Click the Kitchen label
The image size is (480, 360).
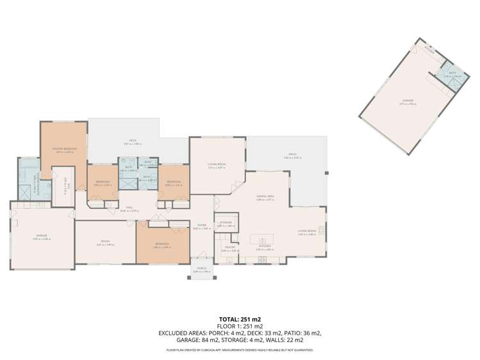click(265, 246)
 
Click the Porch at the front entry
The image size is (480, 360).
click(201, 268)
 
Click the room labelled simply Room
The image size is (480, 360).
click(105, 242)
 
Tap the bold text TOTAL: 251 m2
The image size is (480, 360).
click(240, 318)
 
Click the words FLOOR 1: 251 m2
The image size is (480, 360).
click(240, 326)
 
